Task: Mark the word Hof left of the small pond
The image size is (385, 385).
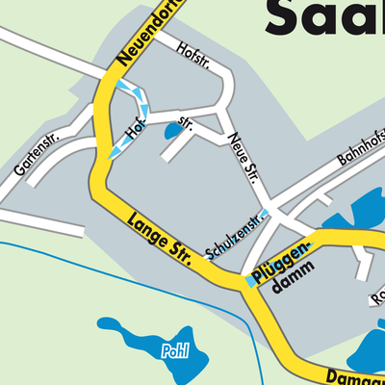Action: pos(136,128)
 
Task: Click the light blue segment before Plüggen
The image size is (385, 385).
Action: pos(249,281)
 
